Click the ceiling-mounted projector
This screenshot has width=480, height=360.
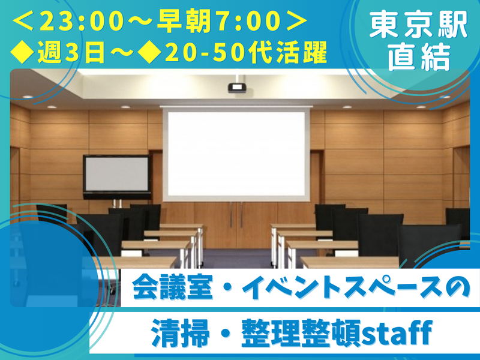[x=235, y=88]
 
